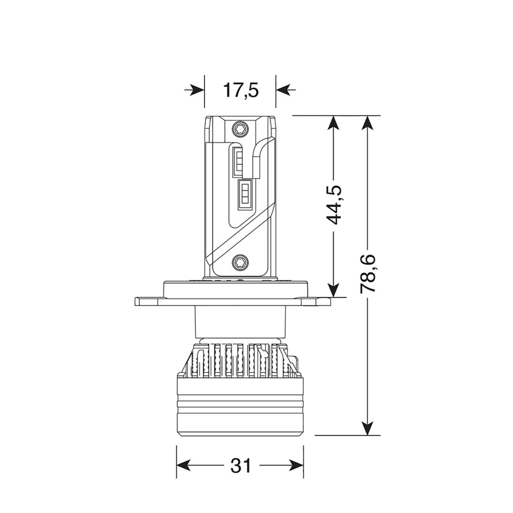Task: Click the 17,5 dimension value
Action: [240, 90]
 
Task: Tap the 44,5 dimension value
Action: [334, 205]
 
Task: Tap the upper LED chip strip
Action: [238, 161]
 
